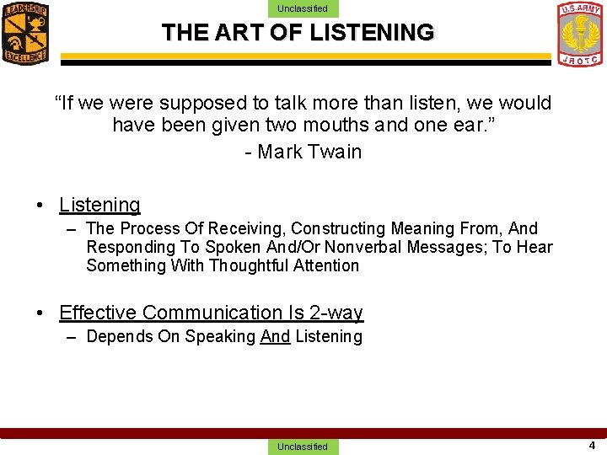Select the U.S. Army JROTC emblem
tap(581, 33)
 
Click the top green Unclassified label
tap(303, 8)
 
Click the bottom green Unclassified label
tap(303, 447)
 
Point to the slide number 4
tap(592, 445)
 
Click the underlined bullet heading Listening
tap(99, 205)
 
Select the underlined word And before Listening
tap(275, 336)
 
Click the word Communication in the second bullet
tap(211, 313)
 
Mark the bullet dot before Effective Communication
tap(40, 313)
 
